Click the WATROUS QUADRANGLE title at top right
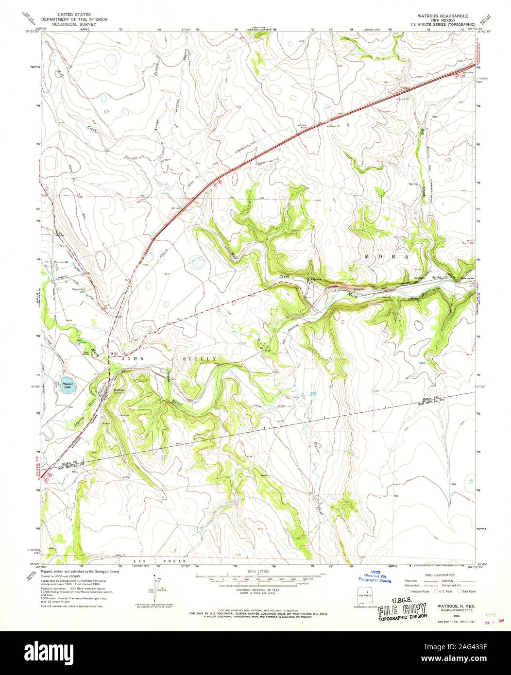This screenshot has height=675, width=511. coord(439,16)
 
